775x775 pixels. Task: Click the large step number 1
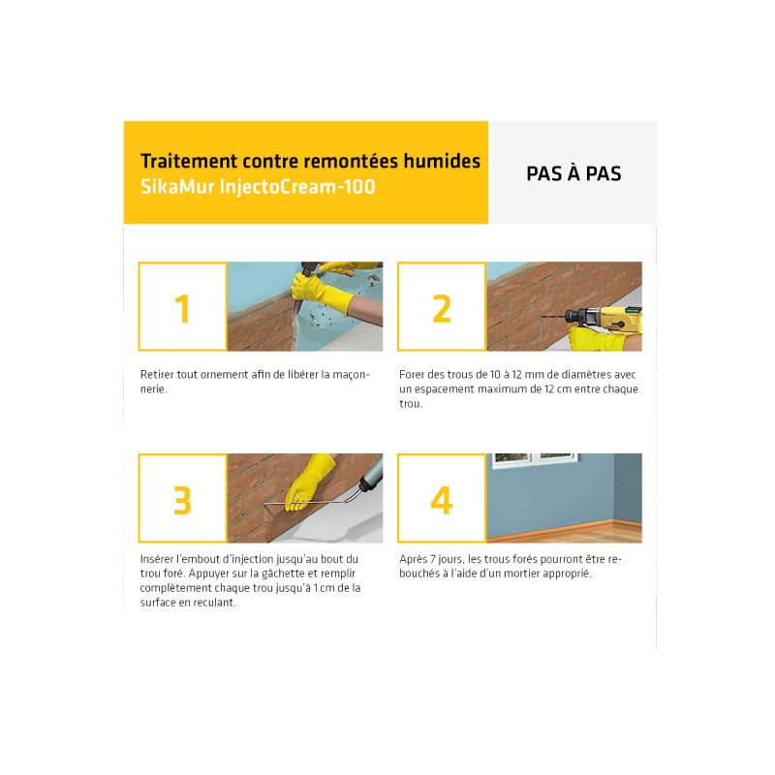(x=183, y=309)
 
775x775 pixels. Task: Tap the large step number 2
(x=442, y=309)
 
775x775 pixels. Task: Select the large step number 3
(x=182, y=501)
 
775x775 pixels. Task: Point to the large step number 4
(x=442, y=501)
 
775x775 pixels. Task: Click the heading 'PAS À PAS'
(x=573, y=173)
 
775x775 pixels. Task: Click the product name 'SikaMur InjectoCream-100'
(x=258, y=186)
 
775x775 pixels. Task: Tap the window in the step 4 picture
(x=535, y=458)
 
